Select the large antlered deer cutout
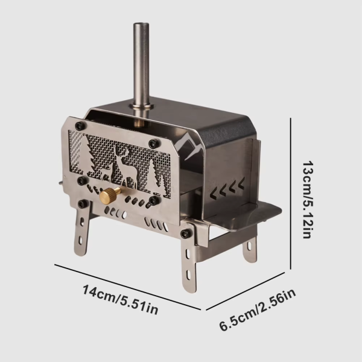(x=129, y=165)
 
